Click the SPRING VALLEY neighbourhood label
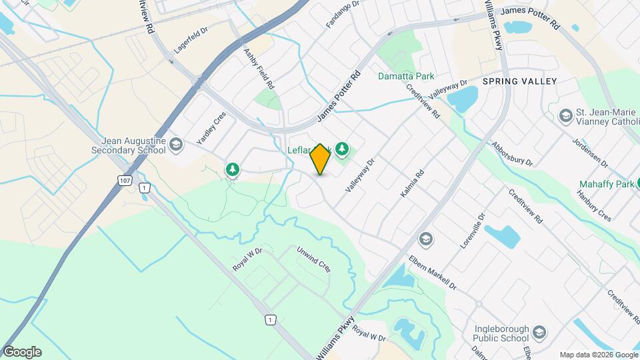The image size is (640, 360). click(519, 81)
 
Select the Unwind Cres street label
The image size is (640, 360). click(314, 260)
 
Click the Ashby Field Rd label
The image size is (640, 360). click(259, 69)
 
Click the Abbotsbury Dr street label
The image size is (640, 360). click(512, 154)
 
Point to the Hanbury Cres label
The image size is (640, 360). click(595, 207)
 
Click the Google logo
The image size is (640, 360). click(22, 352)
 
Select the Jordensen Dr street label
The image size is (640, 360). click(591, 153)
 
